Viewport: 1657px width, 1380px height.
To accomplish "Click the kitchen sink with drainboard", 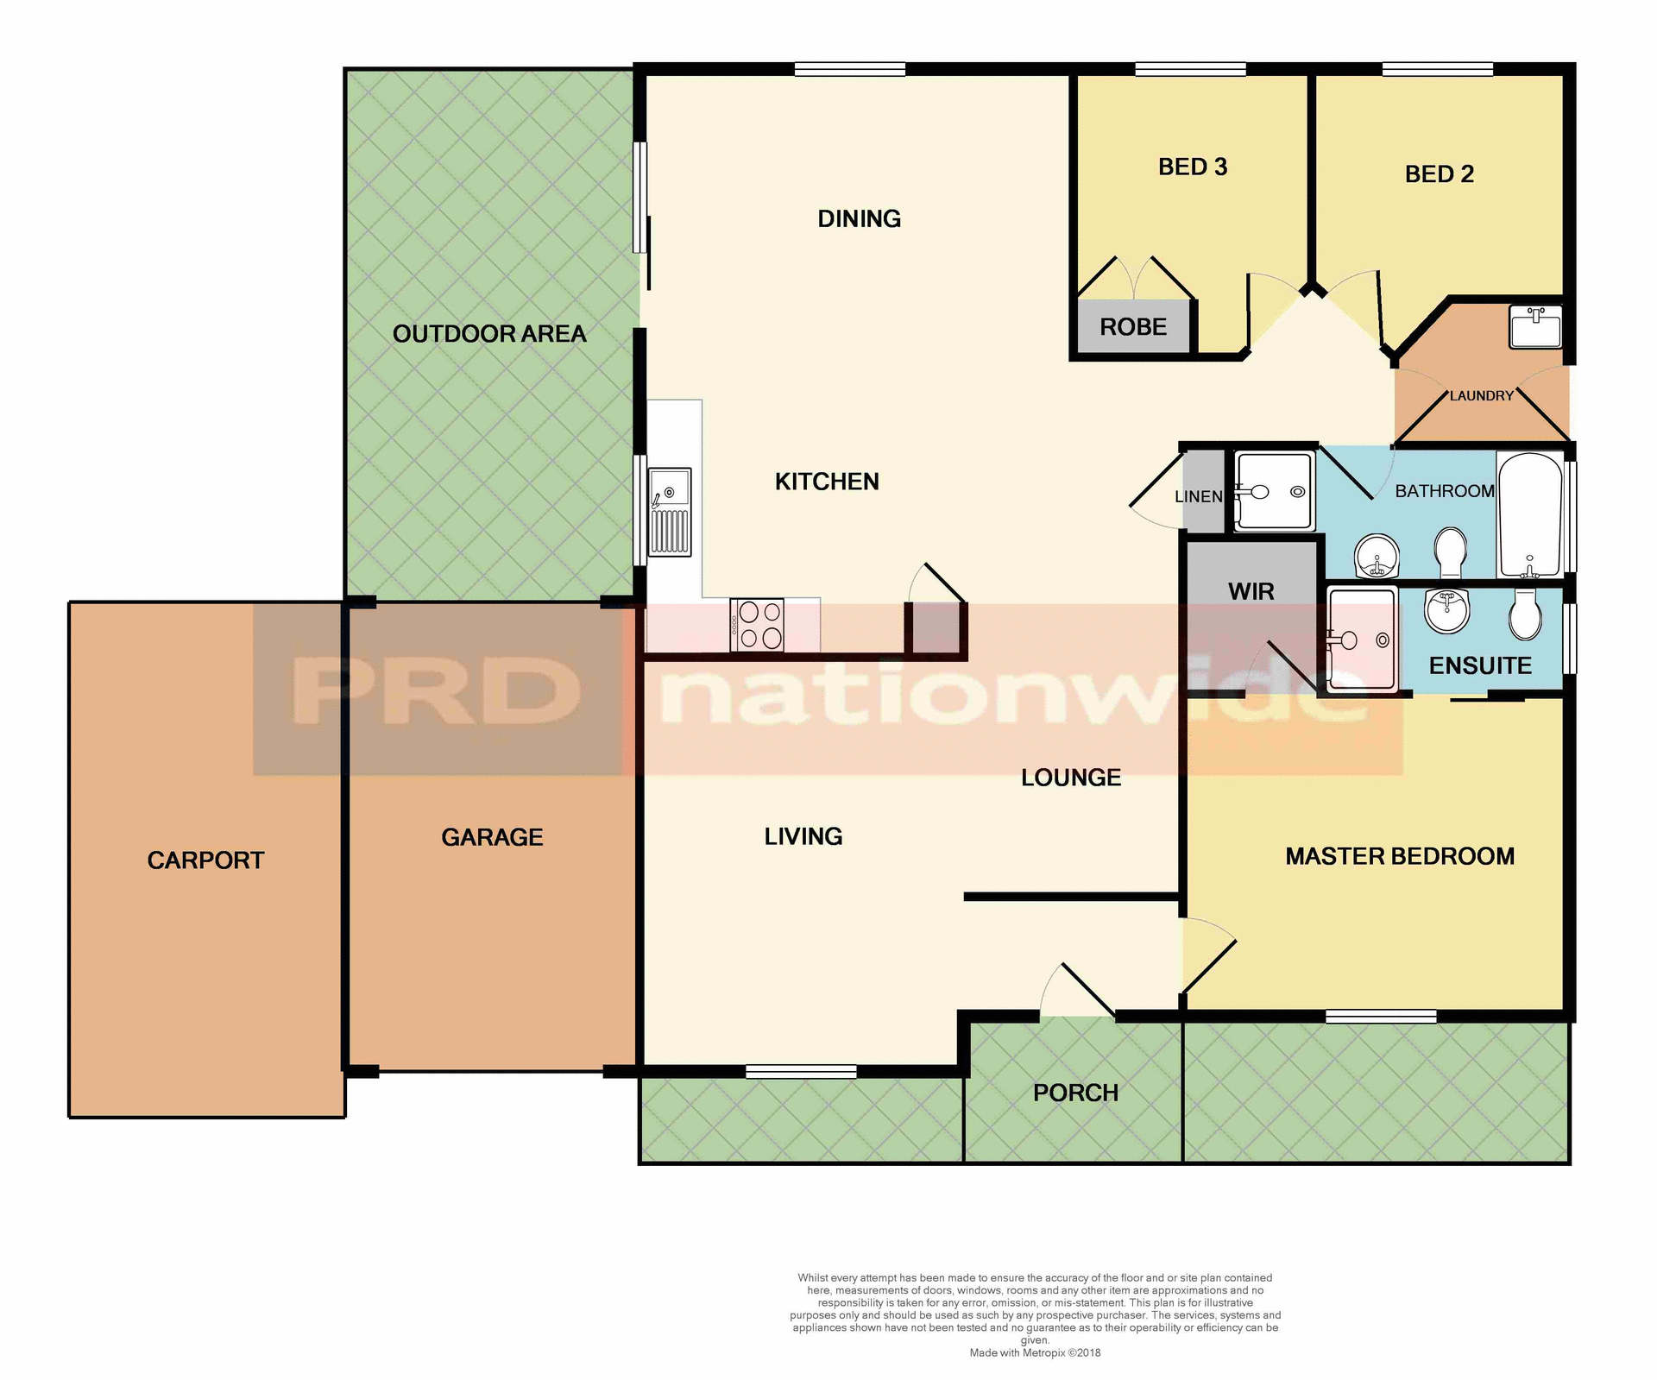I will click(670, 512).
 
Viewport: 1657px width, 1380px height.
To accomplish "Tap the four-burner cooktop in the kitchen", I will click(757, 625).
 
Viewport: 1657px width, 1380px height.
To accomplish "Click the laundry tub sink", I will click(1535, 326).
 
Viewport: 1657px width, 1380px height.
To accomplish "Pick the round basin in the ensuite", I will click(1447, 611).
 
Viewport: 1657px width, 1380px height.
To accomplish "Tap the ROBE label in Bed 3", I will click(1132, 327).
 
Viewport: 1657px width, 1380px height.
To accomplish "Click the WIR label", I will click(1251, 591).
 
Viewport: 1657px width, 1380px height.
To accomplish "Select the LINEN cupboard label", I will click(1199, 496).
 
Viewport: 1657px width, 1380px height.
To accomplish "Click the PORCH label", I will click(1075, 1093).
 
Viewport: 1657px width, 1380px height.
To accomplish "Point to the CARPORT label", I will click(205, 860).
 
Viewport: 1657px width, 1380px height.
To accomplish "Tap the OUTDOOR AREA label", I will click(488, 334).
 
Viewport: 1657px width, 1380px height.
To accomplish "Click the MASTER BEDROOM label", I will click(1399, 856).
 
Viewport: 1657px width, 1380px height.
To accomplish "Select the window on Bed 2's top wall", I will click(1437, 70).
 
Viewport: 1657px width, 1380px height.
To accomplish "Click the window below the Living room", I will click(801, 1072).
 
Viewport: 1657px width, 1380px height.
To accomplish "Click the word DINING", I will click(859, 218).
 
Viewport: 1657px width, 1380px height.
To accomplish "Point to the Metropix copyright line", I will click(1035, 1352).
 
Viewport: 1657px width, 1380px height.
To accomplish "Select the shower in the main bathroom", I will click(1274, 491).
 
